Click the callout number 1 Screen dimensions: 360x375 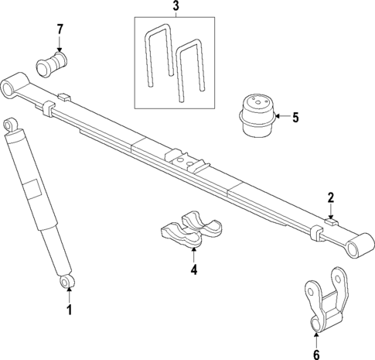point(68,310)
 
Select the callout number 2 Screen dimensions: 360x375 point(330,197)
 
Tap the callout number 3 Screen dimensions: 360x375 point(175,8)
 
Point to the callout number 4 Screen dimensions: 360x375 point(194,269)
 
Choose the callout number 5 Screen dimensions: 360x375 point(294,118)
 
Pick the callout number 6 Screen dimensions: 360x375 point(315,333)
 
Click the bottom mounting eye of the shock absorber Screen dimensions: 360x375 point(67,280)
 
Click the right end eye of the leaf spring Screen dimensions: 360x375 point(356,247)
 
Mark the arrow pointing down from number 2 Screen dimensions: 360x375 point(330,211)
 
